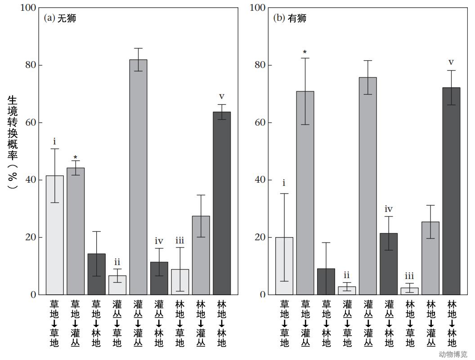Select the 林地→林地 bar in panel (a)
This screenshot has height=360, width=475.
(x=222, y=203)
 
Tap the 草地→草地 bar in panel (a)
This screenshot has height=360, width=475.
(x=55, y=235)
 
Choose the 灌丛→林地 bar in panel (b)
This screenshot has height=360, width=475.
(x=389, y=264)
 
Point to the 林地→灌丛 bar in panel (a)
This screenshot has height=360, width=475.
(x=201, y=255)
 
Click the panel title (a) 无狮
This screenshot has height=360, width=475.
(x=60, y=18)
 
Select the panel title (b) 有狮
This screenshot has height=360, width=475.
(x=290, y=18)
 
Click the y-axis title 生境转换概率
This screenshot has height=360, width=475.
(x=13, y=141)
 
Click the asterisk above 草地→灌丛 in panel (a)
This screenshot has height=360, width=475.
(x=76, y=158)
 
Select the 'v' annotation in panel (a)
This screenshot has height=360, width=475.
(x=222, y=97)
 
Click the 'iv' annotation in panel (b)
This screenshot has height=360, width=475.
(x=389, y=209)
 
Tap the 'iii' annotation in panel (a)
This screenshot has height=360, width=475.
(x=180, y=241)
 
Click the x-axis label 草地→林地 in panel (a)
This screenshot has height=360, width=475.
(x=96, y=323)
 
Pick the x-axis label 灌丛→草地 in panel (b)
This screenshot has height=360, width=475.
(x=347, y=323)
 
